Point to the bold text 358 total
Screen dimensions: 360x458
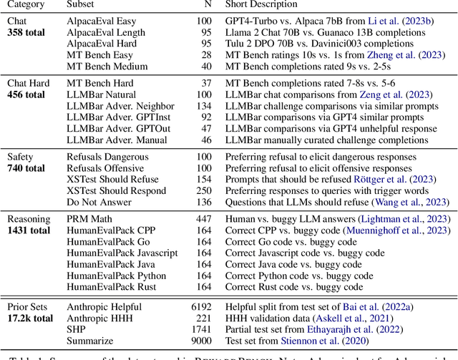(x=26, y=32)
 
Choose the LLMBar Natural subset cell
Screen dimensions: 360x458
(x=101, y=95)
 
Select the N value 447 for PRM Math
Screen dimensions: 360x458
(x=203, y=219)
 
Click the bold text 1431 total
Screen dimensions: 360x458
(x=29, y=230)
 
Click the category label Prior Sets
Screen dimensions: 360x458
(x=27, y=306)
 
